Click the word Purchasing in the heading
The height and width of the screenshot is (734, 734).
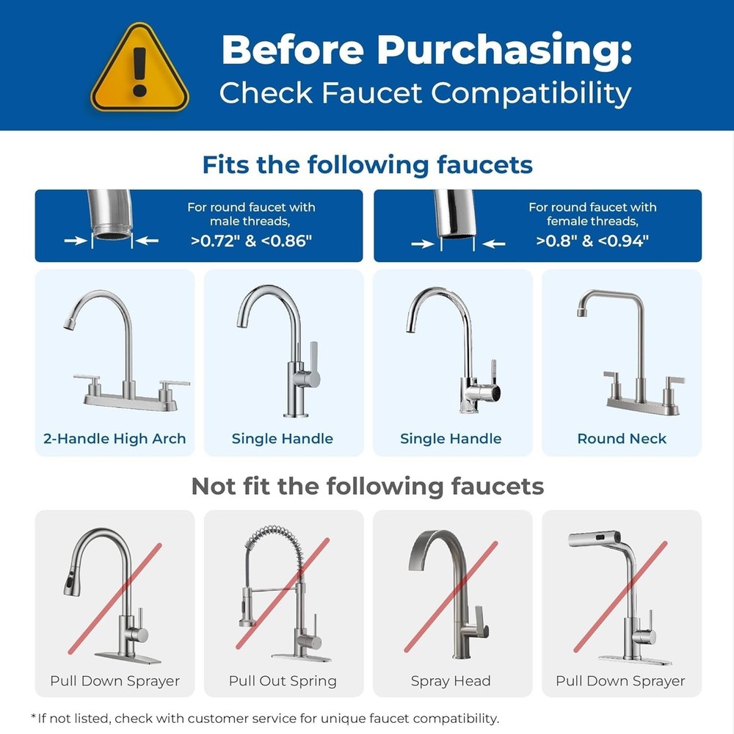tap(504, 50)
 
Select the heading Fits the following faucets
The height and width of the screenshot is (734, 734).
tap(367, 164)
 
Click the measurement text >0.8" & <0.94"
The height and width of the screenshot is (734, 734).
tap(592, 241)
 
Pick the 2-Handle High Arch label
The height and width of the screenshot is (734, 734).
tap(115, 439)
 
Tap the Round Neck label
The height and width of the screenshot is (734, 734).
tap(622, 439)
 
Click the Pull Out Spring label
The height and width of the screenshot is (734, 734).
tap(283, 680)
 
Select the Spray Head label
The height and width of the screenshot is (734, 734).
tap(451, 680)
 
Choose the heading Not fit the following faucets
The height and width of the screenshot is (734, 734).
tap(367, 486)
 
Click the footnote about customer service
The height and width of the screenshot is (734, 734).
tap(264, 718)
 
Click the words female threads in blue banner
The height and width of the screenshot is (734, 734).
tap(592, 221)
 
